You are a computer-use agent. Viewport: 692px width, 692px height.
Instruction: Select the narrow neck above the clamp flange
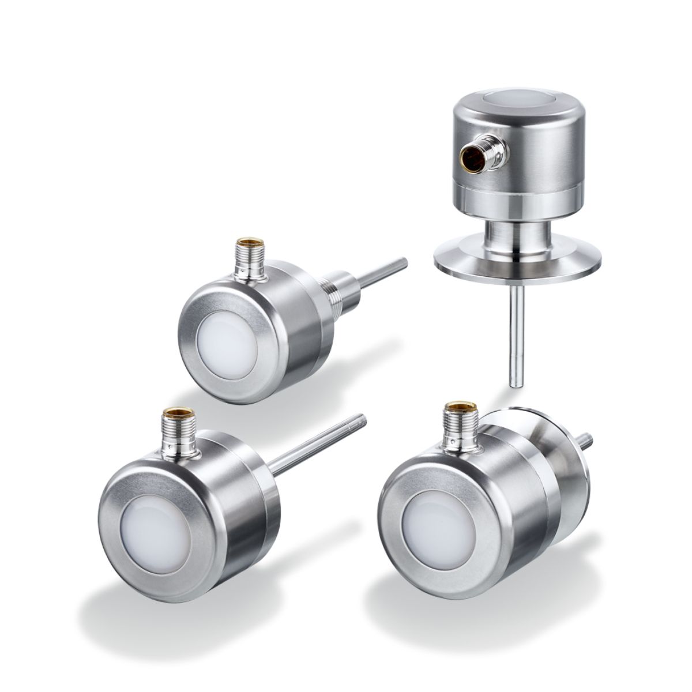point(507,236)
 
